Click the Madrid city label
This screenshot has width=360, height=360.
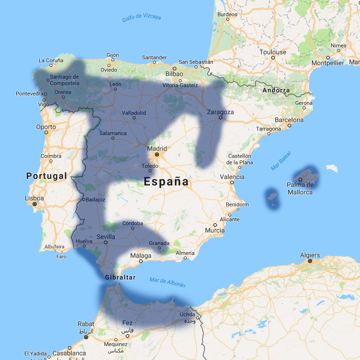click(x=157, y=148)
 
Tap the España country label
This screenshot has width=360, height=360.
click(x=166, y=182)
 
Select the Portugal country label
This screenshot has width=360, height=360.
click(x=46, y=176)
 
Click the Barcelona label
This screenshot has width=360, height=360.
click(x=289, y=120)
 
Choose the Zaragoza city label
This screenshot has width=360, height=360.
click(x=220, y=112)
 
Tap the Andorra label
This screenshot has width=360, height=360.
click(x=276, y=90)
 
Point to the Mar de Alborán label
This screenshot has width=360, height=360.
click(x=167, y=282)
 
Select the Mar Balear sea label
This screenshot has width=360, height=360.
click(x=281, y=164)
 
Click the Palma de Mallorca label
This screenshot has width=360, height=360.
click(x=300, y=189)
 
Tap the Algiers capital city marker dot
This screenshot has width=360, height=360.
click(x=309, y=261)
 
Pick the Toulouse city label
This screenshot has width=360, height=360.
click(x=273, y=52)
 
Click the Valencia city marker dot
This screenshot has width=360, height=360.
click(x=231, y=182)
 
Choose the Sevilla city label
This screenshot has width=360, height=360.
click(x=106, y=237)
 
